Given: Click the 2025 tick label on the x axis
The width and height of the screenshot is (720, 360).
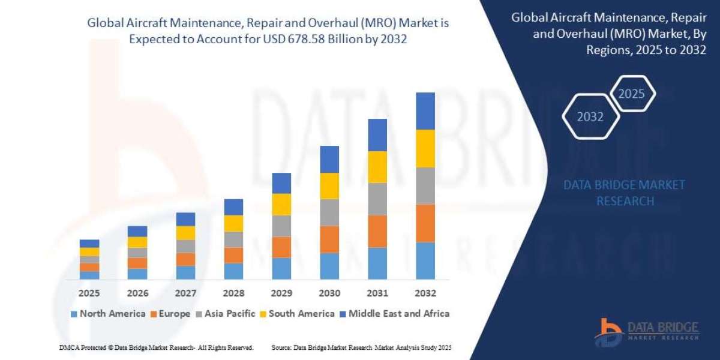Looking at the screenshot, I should [x=89, y=293].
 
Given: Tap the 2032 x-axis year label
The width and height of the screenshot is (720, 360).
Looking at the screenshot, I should [x=425, y=293].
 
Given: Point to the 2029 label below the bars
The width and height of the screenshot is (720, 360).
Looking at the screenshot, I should [x=281, y=293].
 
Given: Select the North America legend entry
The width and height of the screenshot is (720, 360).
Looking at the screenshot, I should [x=107, y=313].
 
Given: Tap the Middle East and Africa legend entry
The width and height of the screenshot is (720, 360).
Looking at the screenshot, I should [x=396, y=313].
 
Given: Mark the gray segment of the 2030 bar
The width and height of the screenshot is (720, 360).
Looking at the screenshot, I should [x=329, y=212].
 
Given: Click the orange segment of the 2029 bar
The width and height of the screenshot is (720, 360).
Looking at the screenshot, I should [x=281, y=247].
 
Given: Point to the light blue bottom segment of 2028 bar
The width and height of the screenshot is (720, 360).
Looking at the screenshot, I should [x=233, y=271].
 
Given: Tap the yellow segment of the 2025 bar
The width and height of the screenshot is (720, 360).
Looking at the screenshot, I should [x=89, y=252].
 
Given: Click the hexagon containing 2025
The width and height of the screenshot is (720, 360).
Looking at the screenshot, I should [x=631, y=94].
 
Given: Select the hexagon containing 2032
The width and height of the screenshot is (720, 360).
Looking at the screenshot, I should [x=590, y=117].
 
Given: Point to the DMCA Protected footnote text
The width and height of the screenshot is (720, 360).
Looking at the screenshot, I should [x=156, y=347].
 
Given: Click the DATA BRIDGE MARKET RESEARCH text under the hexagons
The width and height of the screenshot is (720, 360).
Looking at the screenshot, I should [x=625, y=193].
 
